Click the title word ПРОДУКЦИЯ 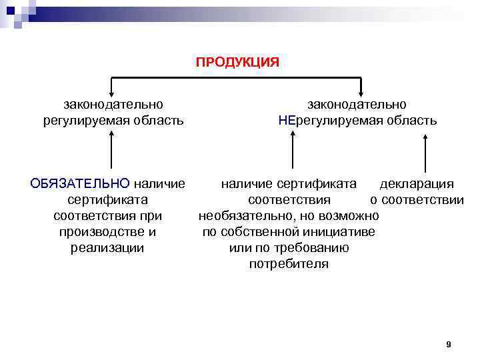point(237,62)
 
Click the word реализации point(107,248)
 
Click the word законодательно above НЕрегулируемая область point(357,105)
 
